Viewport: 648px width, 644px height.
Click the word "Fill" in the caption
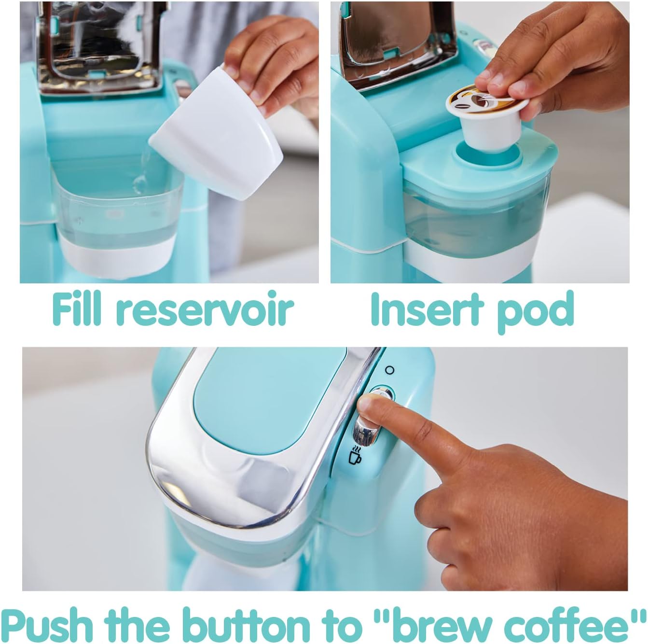tap(77, 308)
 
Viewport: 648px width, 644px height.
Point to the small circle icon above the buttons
tap(389, 370)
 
